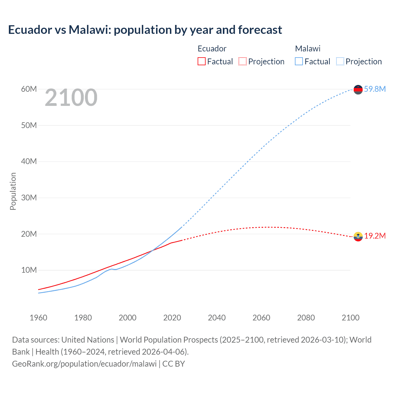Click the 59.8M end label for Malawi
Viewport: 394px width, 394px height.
[375, 89]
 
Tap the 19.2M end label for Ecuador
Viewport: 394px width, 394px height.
[375, 236]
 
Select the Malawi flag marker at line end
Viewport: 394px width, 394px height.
[358, 90]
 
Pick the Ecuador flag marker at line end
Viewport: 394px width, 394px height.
[358, 236]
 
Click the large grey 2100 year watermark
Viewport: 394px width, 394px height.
[71, 98]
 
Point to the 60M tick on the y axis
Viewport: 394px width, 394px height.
[29, 89]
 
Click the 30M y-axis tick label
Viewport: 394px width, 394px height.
[29, 198]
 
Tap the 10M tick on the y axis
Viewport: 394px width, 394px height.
[29, 270]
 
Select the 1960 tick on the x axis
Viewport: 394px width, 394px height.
[38, 318]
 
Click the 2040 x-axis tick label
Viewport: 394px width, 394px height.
[217, 318]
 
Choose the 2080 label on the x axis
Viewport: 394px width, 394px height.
[306, 318]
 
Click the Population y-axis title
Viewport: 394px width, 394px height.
[13, 191]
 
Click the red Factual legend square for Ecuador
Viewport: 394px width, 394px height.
[201, 61]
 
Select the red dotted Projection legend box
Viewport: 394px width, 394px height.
[243, 61]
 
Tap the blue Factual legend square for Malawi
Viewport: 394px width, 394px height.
[299, 61]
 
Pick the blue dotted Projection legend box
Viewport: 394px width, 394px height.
[340, 61]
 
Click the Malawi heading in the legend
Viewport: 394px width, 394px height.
[308, 49]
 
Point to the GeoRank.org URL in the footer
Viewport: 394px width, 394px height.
[84, 364]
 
